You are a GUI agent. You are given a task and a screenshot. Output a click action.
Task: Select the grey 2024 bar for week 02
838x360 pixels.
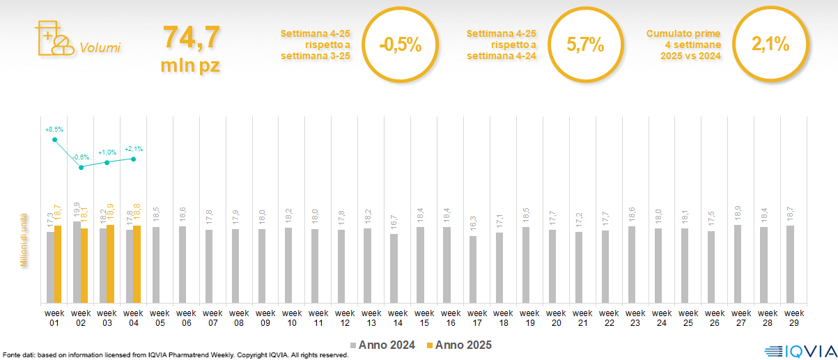point(77,263)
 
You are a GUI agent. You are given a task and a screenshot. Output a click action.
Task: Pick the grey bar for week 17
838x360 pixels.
point(473,269)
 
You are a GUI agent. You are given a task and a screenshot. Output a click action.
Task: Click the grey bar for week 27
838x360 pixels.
point(737,264)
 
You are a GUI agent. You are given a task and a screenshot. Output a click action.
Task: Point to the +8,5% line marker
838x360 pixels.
point(55,140)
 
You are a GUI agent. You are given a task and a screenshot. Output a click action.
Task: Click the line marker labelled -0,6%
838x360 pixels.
point(82,167)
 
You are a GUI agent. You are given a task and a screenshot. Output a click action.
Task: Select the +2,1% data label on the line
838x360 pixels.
point(134,148)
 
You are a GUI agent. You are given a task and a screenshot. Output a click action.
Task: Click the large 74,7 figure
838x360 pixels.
point(191,37)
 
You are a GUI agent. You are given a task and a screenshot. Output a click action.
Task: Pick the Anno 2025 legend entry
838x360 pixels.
point(459,345)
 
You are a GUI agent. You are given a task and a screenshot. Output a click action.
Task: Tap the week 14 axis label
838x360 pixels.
point(398,318)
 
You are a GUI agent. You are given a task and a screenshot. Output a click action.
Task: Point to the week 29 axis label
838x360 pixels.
point(793,318)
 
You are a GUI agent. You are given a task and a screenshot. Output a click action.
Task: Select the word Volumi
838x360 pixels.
point(100,48)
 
